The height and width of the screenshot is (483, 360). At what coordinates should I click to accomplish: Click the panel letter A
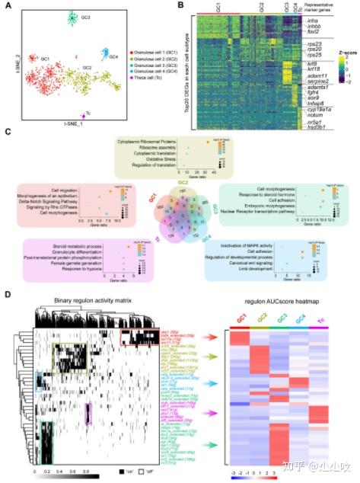pos(7,7)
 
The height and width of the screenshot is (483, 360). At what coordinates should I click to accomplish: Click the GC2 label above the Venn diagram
pos(180,184)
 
